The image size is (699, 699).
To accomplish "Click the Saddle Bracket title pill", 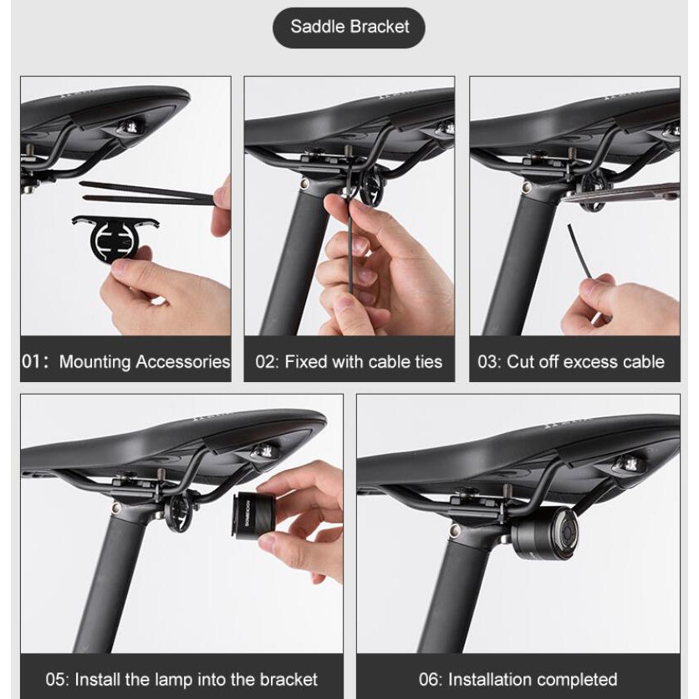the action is tap(349, 28).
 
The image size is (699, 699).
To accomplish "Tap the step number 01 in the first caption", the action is tap(31, 361).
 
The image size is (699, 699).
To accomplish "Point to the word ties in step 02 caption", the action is tap(428, 361).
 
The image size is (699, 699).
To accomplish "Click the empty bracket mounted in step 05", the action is tap(181, 511).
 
